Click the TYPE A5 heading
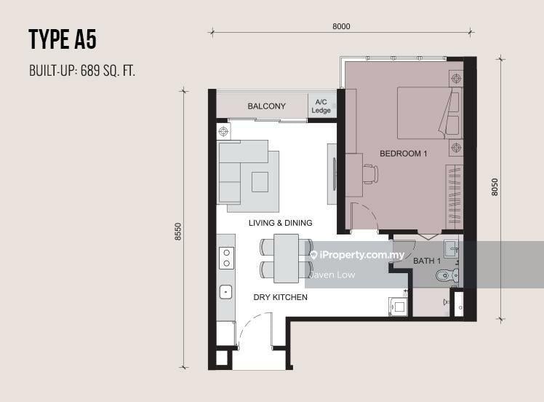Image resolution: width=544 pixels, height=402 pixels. [x=63, y=39]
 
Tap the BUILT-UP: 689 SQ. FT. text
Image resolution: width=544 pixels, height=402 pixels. [x=82, y=71]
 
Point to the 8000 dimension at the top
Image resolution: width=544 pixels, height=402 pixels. [x=341, y=26]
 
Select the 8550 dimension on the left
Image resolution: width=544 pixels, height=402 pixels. [x=178, y=232]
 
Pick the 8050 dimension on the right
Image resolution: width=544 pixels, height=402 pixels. [x=495, y=187]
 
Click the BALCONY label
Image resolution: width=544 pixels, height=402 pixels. [x=266, y=106]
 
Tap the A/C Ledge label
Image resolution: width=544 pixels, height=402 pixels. [x=321, y=106]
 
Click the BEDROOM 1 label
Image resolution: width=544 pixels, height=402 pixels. [x=404, y=154]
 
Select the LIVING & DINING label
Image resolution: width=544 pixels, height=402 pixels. [x=280, y=223]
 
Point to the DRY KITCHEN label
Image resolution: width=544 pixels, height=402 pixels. [x=280, y=297]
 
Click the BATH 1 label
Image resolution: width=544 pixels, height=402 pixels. [x=427, y=261]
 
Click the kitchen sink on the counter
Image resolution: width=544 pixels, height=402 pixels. [x=226, y=292]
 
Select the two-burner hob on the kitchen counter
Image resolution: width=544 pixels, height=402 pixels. [x=227, y=258]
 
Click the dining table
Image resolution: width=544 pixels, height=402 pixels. [x=287, y=258]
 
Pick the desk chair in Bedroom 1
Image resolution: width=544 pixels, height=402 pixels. [x=371, y=174]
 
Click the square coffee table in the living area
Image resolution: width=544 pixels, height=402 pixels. [x=260, y=182]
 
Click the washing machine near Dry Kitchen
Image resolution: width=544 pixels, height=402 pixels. [x=399, y=307]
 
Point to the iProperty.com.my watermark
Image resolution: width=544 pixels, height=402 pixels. [x=357, y=255]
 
